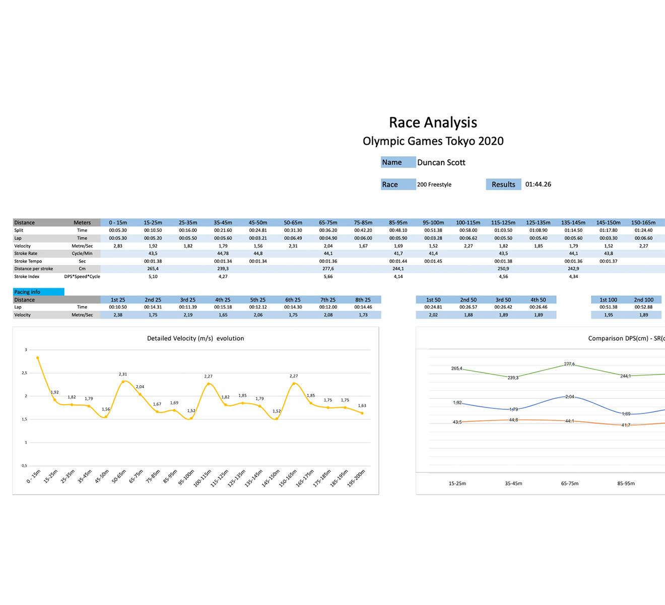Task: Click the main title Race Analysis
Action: point(433,123)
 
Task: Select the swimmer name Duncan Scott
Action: point(441,162)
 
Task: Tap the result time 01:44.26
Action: point(538,185)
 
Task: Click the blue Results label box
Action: point(503,185)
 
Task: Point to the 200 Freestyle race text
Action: point(434,185)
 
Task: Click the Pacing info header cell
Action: point(38,292)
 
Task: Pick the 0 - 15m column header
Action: point(118,222)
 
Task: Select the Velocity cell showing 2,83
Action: point(118,246)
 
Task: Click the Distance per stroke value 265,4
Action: point(153,269)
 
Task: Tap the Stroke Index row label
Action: point(27,276)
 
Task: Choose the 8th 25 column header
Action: point(363,299)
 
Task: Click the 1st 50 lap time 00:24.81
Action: point(433,307)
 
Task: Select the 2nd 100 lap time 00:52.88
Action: point(643,307)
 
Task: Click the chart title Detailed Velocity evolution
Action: point(195,338)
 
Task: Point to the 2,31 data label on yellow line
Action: point(123,374)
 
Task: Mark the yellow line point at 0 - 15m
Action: point(37,357)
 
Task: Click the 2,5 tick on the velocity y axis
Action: point(24,373)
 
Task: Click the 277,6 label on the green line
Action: point(569,364)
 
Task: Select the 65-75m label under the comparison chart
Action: point(570,483)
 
